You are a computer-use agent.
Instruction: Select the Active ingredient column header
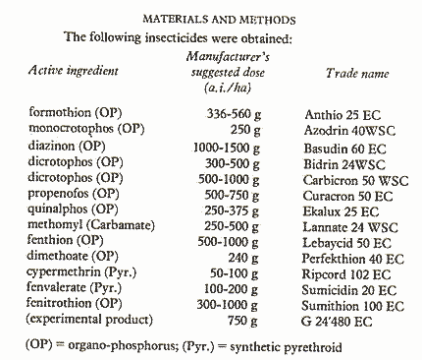click(75, 72)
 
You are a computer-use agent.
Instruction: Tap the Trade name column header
click(356, 74)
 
